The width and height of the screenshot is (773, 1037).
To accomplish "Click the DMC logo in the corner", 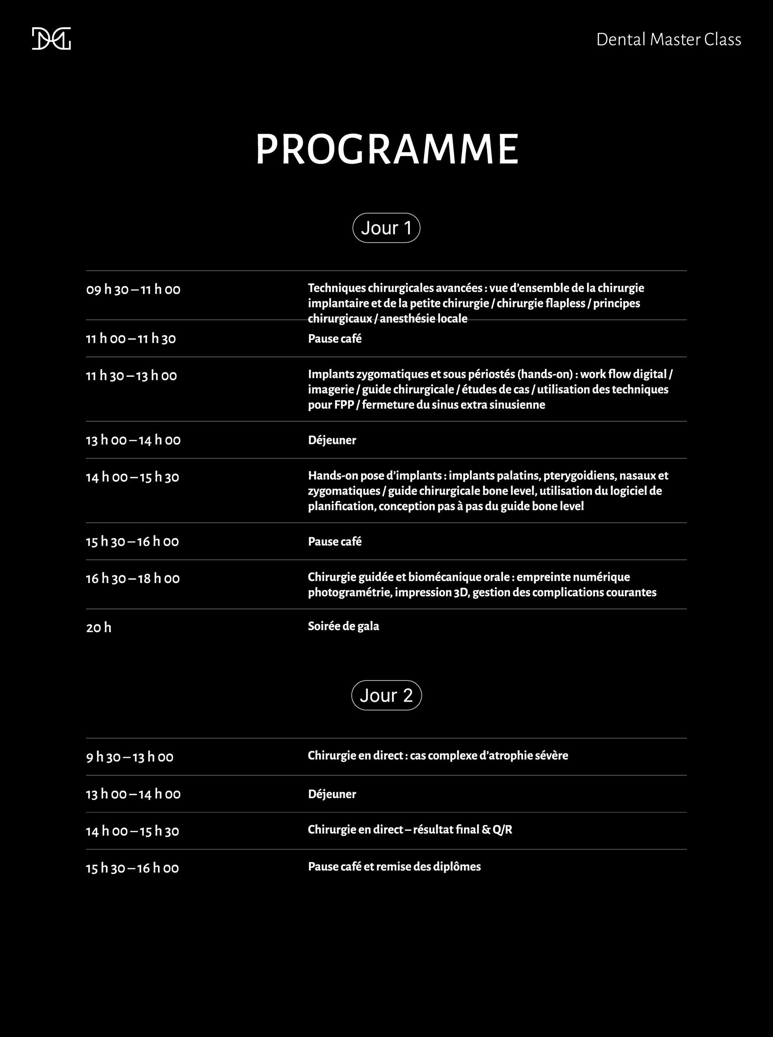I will click(51, 39).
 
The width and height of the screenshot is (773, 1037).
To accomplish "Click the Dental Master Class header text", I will click(668, 40).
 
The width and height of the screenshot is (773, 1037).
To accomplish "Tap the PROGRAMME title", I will click(386, 150).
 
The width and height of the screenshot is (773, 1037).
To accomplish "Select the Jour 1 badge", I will click(386, 228).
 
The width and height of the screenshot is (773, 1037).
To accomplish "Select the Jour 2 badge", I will click(386, 695).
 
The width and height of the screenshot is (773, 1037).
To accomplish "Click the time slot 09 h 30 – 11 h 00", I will click(133, 290).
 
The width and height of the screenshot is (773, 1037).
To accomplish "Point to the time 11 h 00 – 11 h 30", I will click(130, 339).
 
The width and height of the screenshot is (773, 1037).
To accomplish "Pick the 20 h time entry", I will click(99, 627).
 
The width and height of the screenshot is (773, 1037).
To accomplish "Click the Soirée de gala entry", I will click(343, 626).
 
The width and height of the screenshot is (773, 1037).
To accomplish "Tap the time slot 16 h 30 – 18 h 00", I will click(132, 578).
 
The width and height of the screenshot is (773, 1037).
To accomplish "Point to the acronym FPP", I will click(344, 405).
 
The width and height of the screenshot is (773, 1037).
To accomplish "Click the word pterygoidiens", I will click(579, 476).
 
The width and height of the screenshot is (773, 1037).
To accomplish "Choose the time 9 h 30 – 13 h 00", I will click(129, 757).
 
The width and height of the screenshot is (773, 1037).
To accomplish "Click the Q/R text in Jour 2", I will click(502, 830).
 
